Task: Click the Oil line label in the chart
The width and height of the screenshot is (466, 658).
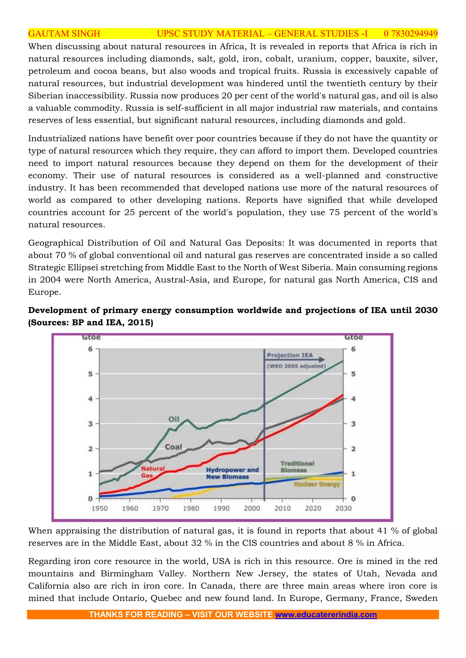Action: tap(174, 419)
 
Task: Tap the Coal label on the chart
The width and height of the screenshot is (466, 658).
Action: tap(173, 447)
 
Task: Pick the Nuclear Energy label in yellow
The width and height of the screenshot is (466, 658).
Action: tap(317, 484)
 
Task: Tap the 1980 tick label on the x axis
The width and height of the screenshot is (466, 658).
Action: tap(191, 508)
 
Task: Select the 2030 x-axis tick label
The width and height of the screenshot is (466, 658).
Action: tap(343, 508)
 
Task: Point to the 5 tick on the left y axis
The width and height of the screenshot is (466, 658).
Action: tap(90, 374)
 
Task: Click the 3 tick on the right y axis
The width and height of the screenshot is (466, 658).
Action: tap(353, 424)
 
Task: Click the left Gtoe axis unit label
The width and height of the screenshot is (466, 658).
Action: tap(91, 337)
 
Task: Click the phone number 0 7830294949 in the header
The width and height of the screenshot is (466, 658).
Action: tap(410, 34)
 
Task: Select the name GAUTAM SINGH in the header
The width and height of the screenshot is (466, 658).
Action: tap(64, 34)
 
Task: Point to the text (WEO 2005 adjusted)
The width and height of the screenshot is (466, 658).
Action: tap(296, 366)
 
